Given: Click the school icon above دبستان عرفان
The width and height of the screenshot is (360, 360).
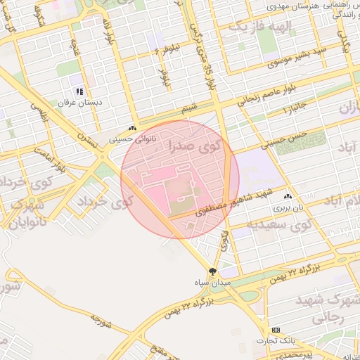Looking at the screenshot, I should pyautogui.click(x=79, y=91).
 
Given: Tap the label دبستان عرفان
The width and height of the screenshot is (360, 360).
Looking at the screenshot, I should pyautogui.click(x=79, y=103).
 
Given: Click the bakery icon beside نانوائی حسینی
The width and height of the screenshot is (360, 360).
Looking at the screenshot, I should pyautogui.click(x=133, y=129).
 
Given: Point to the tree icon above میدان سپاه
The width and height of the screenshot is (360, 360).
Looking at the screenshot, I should pyautogui.click(x=212, y=271).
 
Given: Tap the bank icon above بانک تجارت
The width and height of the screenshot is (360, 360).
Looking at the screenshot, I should pyautogui.click(x=276, y=330).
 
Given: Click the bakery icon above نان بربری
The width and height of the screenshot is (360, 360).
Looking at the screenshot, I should pyautogui.click(x=288, y=197).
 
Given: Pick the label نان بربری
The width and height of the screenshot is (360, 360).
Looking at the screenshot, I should pyautogui.click(x=288, y=208).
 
